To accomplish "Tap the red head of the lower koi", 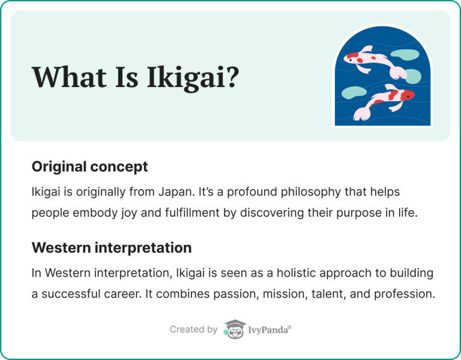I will tap(406, 95).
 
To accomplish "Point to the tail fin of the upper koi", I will tap(397, 72).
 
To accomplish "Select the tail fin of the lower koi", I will tap(363, 113).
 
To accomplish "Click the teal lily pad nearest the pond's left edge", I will tap(351, 93).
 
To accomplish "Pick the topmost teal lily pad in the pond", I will tap(408, 55).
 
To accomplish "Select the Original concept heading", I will tap(89, 166).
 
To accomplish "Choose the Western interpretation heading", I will tap(112, 247).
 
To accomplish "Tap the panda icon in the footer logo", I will tap(235, 329).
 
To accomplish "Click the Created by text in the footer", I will tap(193, 329).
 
